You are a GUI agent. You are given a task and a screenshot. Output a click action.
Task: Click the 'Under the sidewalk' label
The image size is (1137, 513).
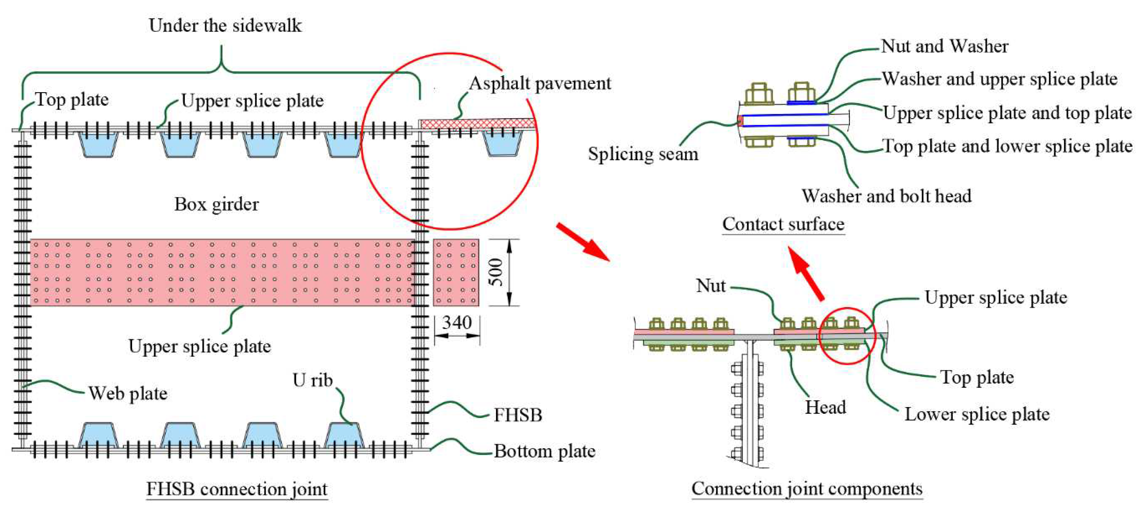225,25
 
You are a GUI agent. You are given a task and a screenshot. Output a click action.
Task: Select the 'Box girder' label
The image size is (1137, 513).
216,204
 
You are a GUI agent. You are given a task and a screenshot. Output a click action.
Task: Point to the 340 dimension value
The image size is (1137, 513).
457,323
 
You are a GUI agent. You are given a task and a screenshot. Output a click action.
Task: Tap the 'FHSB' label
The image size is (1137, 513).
518,415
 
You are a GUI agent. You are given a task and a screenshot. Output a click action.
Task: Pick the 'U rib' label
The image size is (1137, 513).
312,380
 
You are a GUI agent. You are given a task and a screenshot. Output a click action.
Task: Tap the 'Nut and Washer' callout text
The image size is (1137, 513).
944,46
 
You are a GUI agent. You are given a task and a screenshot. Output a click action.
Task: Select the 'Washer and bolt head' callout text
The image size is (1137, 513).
886,196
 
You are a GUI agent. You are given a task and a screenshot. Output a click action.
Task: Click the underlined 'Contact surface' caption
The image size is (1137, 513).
783,224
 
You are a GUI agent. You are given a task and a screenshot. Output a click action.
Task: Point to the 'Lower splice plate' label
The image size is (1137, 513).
977,414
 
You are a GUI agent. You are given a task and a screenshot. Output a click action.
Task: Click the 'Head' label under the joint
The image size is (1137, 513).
825,407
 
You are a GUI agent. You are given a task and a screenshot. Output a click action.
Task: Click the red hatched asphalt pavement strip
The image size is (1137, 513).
477,123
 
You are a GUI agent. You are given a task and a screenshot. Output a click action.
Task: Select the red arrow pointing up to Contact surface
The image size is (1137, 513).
806,274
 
